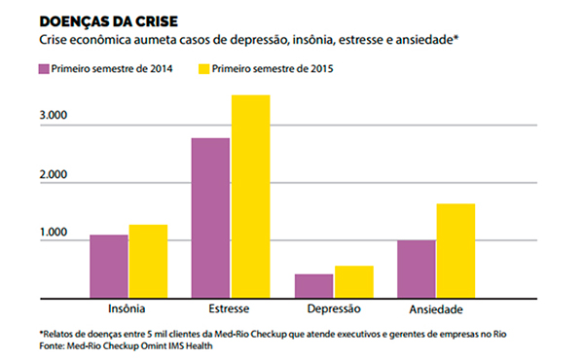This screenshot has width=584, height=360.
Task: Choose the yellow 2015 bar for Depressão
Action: pos(353,281)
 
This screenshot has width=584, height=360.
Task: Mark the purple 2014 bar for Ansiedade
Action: pos(416,268)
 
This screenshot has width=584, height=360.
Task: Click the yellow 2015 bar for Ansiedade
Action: pos(456,250)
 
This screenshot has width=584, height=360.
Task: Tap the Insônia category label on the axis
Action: pos(128,309)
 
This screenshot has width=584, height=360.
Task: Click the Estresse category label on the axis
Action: pos(230,309)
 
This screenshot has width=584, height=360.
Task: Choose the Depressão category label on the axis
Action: pos(333,309)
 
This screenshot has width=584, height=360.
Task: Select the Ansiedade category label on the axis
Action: pos(435,309)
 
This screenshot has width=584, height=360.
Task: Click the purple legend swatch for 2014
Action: pos(45,70)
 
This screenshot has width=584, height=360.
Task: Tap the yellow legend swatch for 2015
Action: pos(203,70)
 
